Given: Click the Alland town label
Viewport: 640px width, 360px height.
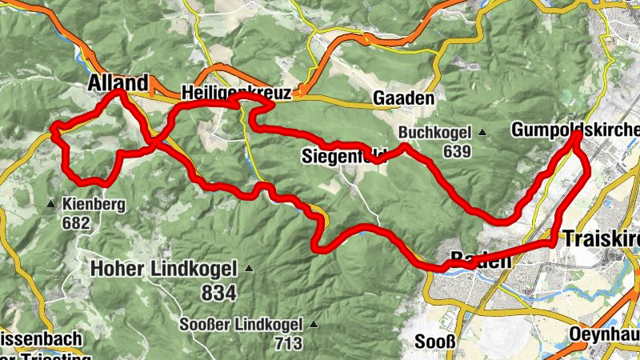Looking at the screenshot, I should [x=118, y=83].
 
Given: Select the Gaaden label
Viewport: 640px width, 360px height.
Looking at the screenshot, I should [x=403, y=98].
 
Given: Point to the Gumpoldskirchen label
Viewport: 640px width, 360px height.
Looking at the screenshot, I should [x=575, y=130].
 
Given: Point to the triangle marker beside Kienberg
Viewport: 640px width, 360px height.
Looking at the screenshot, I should [x=51, y=205].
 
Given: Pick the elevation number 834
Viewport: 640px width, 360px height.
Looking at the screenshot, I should [x=218, y=293].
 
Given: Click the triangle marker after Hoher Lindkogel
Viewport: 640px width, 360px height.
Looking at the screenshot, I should [x=249, y=269].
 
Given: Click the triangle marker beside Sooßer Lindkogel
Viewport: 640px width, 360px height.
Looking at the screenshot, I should [x=313, y=325].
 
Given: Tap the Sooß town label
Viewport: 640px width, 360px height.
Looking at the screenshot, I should [x=434, y=343].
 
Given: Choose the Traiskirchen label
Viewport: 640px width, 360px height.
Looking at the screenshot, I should [x=601, y=238].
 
